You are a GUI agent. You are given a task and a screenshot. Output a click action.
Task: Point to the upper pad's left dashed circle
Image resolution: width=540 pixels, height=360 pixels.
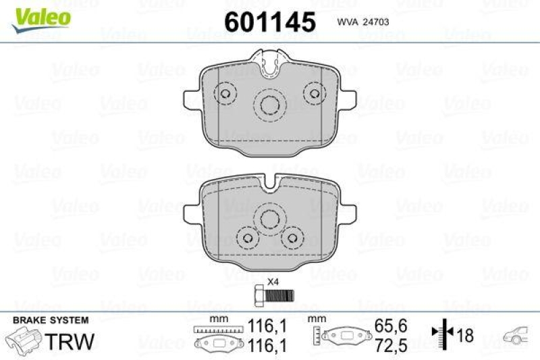[x=224, y=93]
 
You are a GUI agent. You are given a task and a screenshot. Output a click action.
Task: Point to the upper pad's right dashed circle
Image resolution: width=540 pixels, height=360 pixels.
[x=313, y=93]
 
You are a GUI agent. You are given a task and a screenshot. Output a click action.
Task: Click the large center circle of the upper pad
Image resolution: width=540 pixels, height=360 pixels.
[x=270, y=105]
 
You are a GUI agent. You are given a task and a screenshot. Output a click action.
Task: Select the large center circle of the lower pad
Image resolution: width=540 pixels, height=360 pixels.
[x=270, y=218]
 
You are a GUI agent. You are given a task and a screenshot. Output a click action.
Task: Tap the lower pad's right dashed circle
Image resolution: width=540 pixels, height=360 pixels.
[x=292, y=237]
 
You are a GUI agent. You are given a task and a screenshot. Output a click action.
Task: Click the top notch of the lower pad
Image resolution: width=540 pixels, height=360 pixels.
[x=271, y=180]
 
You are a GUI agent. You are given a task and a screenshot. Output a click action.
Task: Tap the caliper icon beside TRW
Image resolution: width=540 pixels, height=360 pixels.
[x=24, y=338]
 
